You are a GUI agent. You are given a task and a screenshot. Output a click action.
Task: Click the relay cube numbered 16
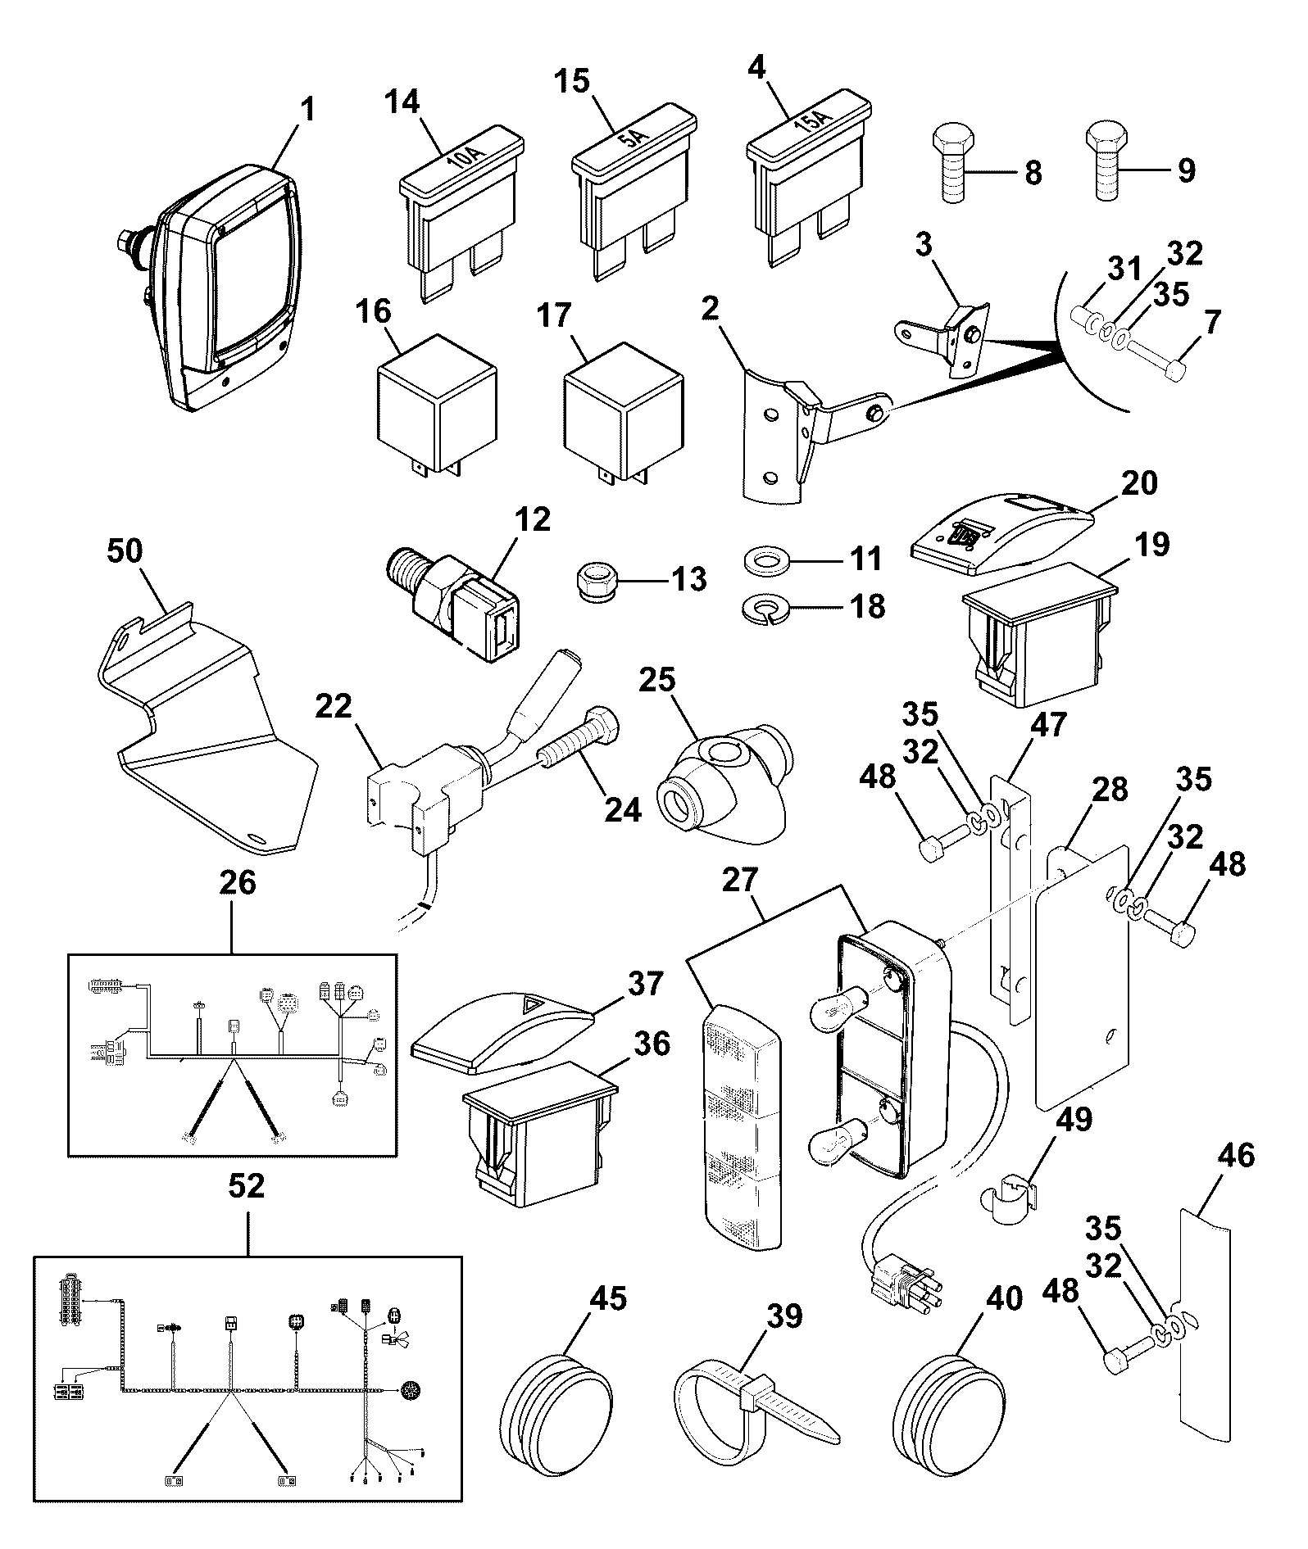pos(436,406)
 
